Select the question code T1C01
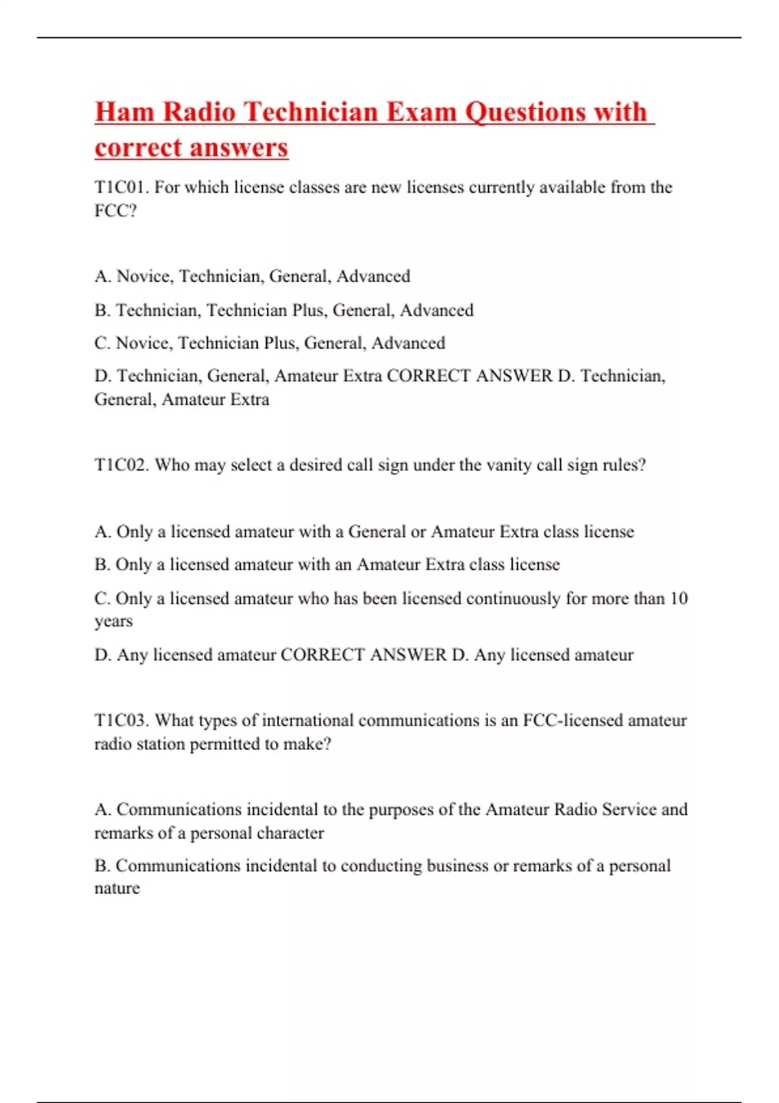(121, 188)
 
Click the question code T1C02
(121, 465)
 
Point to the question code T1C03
(121, 721)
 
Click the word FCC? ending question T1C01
(116, 211)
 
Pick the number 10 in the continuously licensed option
(678, 598)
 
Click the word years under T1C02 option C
(114, 622)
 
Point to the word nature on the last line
(117, 889)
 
